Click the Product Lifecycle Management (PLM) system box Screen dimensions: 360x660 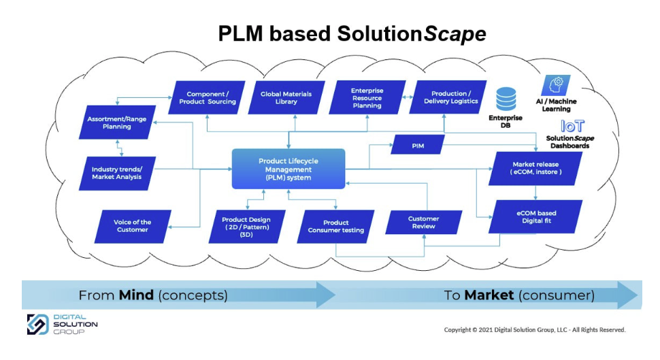pyautogui.click(x=289, y=169)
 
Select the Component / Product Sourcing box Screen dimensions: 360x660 pyautogui.click(x=207, y=97)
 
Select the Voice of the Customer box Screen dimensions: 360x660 pyautogui.click(x=132, y=226)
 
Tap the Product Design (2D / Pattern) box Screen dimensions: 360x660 pyautogui.click(x=246, y=225)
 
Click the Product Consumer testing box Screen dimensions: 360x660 pyautogui.click(x=335, y=226)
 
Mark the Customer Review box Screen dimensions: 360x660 pyautogui.click(x=423, y=223)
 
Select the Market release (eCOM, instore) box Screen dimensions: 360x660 pyautogui.click(x=536, y=168)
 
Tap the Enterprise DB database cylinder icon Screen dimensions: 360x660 pyautogui.click(x=506, y=98)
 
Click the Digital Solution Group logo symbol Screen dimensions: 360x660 pyautogui.click(x=37, y=324)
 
